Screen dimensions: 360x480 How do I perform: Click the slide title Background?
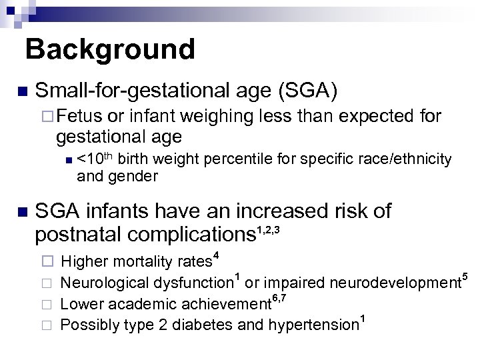coord(111,49)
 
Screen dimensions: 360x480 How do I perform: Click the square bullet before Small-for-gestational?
coord(22,91)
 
